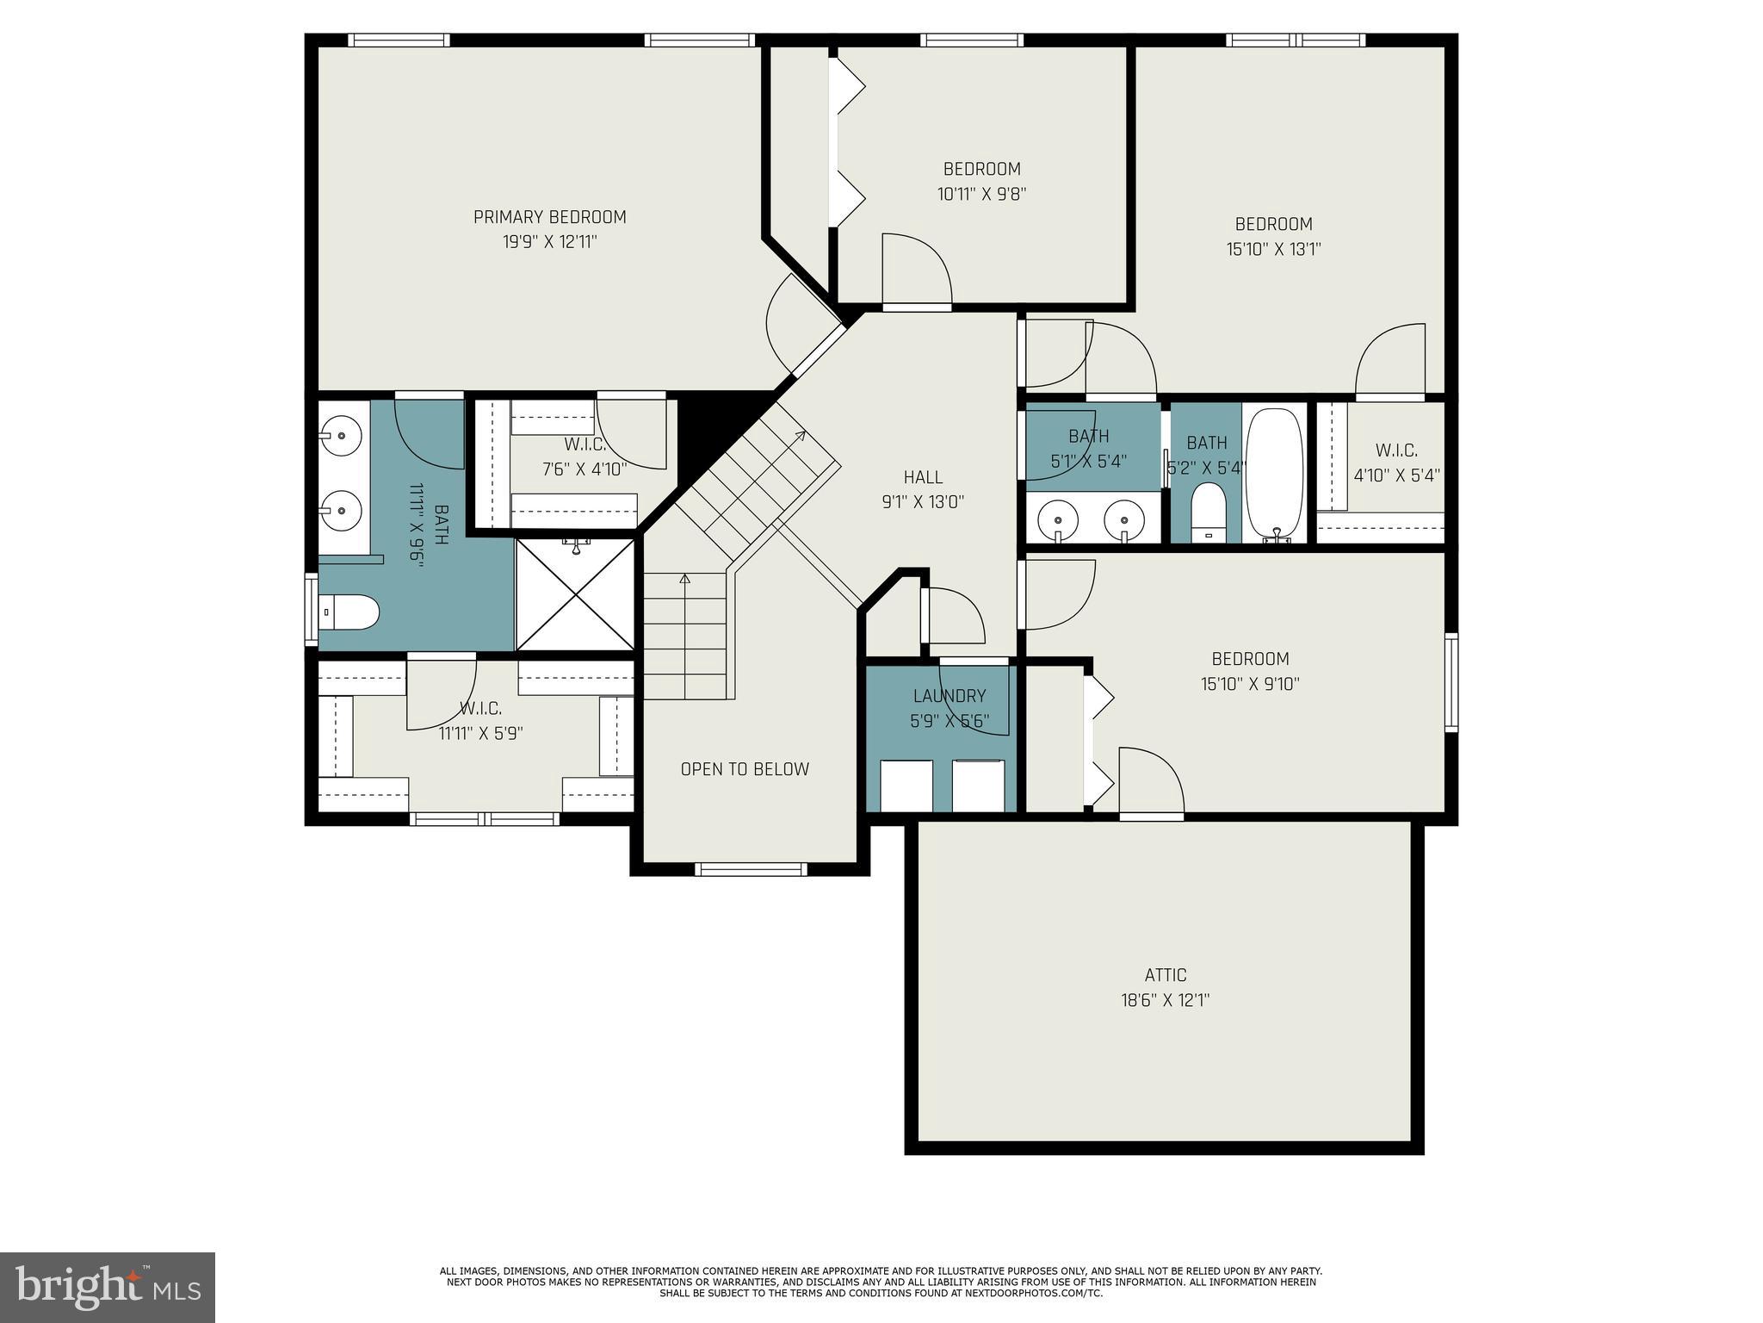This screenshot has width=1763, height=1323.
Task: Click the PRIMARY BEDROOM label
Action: point(549,217)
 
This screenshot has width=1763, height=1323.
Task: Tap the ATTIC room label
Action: point(1165,975)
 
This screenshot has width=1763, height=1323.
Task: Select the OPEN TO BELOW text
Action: point(745,769)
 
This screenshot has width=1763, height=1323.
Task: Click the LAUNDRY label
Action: point(950,696)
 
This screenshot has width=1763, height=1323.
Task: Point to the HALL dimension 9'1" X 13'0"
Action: point(923,501)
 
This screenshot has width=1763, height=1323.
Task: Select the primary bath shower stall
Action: point(575,594)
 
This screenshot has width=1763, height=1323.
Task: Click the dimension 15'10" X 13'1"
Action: point(1273,250)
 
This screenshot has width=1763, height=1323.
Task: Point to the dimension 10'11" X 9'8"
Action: point(981,195)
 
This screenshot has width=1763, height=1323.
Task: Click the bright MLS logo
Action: point(108,1288)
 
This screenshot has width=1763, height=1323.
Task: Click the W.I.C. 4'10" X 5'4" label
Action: point(1396,450)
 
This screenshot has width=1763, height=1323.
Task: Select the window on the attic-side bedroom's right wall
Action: point(1451,682)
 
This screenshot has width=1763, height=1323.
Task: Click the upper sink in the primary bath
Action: point(342,436)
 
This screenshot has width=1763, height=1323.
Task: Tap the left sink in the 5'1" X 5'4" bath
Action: point(1057,519)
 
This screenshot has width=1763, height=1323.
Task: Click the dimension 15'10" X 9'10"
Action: point(1250,685)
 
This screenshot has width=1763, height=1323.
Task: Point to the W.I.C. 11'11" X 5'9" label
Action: point(480,709)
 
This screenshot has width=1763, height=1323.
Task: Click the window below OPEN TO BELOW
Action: point(750,869)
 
